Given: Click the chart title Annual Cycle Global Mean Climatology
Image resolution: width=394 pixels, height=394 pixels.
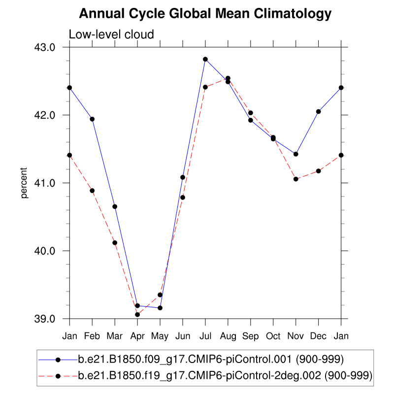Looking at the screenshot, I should [205, 14].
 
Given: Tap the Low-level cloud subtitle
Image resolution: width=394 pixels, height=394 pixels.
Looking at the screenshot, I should [111, 34].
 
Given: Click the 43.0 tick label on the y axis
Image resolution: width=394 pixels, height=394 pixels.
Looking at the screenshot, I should [51, 47].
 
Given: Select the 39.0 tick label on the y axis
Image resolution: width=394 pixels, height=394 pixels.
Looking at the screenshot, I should [51, 319].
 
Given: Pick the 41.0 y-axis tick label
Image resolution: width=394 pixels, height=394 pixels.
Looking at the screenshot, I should [51, 183].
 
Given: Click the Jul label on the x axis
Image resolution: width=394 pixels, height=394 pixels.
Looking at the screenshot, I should [205, 336].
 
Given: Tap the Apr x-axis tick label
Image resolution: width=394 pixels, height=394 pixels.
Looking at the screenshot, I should [137, 336].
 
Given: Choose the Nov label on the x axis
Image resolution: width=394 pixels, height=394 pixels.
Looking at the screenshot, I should [296, 336].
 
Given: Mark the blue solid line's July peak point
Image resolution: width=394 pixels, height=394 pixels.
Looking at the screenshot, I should [205, 59].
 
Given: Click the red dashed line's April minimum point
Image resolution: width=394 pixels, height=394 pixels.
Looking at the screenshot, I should [137, 314].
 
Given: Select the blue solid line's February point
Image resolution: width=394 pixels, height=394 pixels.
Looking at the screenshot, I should [92, 119].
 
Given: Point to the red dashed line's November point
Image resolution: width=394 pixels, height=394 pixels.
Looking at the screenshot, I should [296, 179].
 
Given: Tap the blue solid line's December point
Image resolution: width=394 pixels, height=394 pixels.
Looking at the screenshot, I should [319, 111].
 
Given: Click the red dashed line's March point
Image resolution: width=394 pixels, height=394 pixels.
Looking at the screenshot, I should [115, 243].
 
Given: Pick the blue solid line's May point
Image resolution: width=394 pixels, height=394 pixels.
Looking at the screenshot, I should [160, 308].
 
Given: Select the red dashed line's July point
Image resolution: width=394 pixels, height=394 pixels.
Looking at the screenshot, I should [205, 87].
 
